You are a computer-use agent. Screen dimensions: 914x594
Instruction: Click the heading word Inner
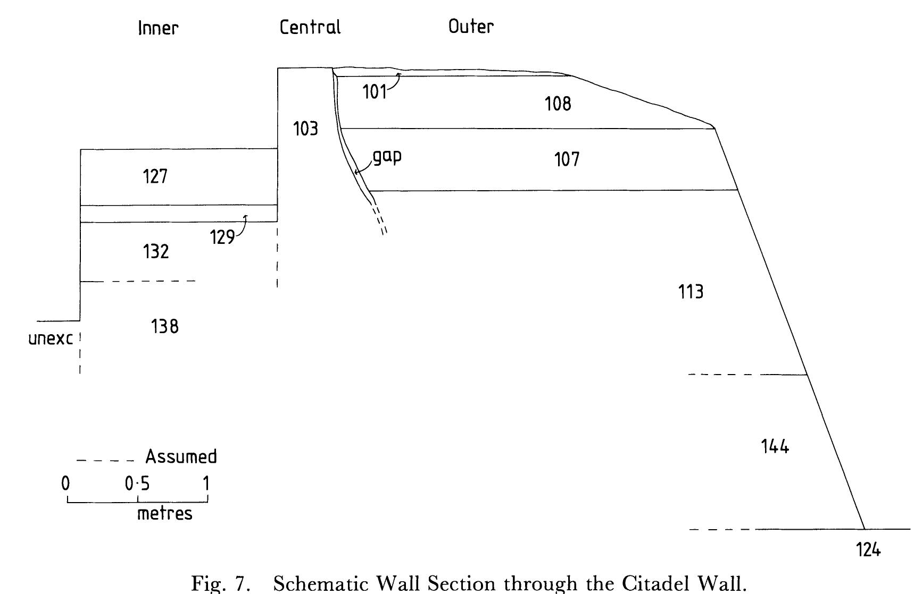coord(158,28)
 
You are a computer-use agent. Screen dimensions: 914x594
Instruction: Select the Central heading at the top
coord(310,27)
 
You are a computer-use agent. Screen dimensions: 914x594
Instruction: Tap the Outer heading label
coord(471,26)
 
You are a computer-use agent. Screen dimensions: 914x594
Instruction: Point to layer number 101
coord(375,92)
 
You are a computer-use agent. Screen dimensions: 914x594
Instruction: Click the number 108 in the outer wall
coord(558,104)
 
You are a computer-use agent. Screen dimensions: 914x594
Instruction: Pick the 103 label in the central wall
coord(306,129)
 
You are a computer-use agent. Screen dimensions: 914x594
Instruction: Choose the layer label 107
coord(567,159)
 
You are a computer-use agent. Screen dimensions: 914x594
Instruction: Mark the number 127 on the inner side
coord(155,176)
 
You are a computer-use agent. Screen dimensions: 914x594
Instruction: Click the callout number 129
coord(222,237)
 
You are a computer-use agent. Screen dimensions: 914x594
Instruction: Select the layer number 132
coord(156,251)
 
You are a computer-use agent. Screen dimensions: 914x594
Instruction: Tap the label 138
coord(165,326)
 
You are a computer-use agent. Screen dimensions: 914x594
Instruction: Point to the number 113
coord(691,292)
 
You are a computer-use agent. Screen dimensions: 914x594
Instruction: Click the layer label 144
coord(775,446)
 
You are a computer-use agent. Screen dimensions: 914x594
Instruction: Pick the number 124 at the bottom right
coord(868,549)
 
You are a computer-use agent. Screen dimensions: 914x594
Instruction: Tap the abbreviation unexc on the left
coord(51,338)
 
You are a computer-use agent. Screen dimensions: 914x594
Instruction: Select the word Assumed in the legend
coord(181,456)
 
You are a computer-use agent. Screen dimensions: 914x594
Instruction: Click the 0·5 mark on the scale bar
coord(137,483)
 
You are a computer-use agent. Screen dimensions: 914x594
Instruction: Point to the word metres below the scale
coord(165,513)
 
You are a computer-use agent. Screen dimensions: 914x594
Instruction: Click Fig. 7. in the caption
coord(221,583)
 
